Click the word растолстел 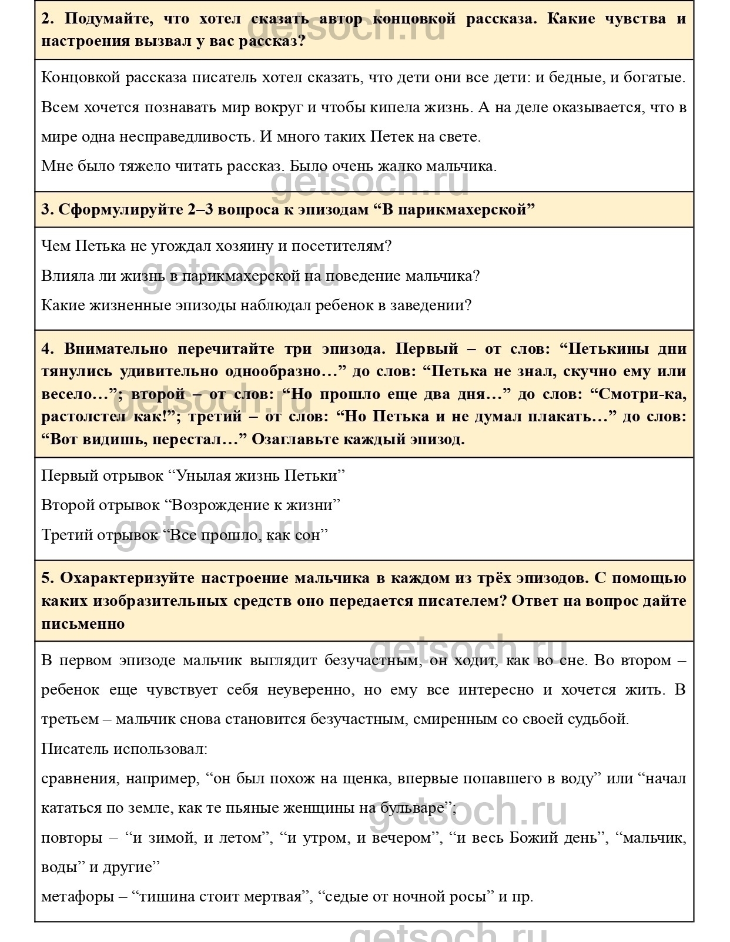83,417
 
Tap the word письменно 83,624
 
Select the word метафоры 78,897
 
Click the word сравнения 79,779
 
